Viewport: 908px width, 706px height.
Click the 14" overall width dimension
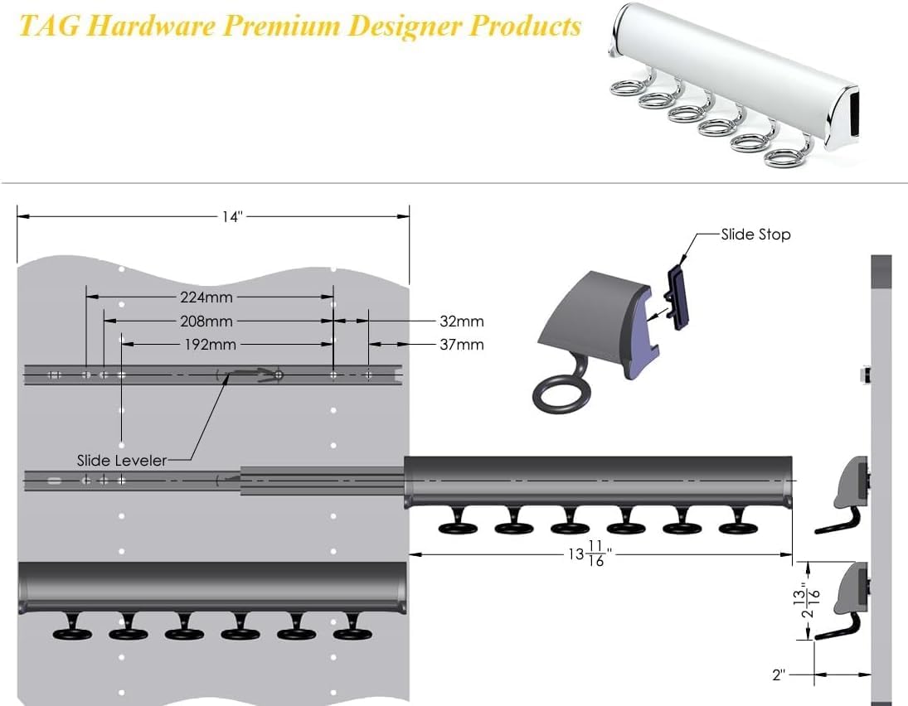(x=232, y=217)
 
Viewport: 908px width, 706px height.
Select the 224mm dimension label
(x=206, y=297)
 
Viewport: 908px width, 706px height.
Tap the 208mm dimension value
(x=206, y=321)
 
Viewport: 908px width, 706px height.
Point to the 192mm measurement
(x=208, y=345)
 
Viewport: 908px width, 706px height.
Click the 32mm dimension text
(x=462, y=321)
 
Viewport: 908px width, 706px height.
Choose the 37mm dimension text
(x=462, y=344)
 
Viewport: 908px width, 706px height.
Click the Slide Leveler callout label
(x=122, y=460)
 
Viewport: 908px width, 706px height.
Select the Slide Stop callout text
(x=755, y=235)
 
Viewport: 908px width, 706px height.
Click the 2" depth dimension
(x=778, y=675)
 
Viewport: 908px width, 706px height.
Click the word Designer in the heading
(x=405, y=26)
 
